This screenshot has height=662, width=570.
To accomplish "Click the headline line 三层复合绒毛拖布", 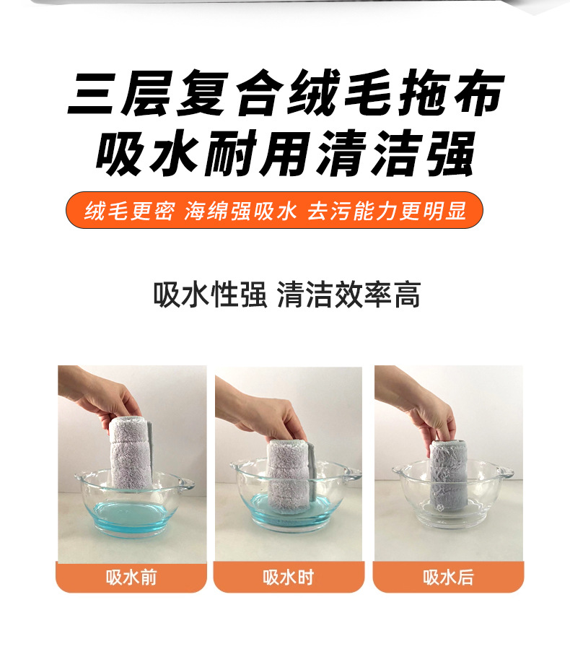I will coord(285,95).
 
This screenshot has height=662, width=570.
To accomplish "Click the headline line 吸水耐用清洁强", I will coord(285,152).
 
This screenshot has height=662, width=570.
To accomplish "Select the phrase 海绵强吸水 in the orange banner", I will coord(241,211).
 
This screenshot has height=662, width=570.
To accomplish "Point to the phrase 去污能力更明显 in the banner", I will coord(387,211).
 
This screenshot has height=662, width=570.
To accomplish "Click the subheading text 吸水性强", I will coord(210,295).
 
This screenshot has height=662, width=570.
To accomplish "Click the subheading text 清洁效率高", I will coord(348,295).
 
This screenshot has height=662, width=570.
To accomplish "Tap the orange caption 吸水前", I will coord(131,578).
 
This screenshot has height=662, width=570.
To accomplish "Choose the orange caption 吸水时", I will coord(289,578).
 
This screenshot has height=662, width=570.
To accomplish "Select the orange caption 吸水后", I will coord(448,578).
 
